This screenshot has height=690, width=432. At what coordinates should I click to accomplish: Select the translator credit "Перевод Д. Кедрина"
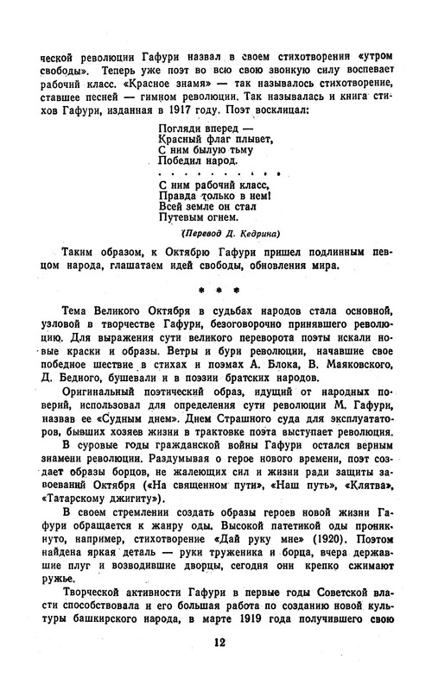(234, 232)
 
